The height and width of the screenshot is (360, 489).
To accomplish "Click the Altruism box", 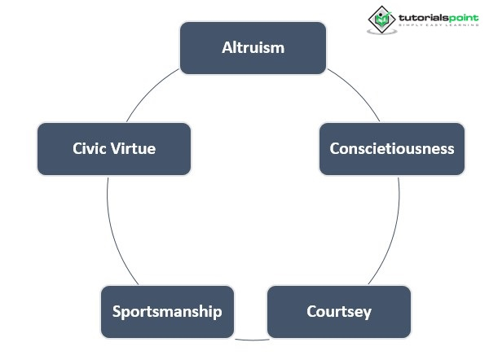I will pos(253,47).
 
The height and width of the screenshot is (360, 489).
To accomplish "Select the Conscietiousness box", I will pos(392,149).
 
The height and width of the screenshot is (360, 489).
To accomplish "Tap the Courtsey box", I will pos(338,311).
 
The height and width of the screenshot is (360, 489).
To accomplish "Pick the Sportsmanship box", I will pos(167,311).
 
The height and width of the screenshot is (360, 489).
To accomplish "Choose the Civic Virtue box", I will pos(114,149).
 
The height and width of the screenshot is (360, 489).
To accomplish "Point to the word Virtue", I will pos(134,149).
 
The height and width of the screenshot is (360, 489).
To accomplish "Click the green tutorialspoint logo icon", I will pos(381,19).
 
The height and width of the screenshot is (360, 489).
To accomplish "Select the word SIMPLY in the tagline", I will pos(409,26).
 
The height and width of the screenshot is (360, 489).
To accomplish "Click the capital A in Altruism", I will pos(227,47).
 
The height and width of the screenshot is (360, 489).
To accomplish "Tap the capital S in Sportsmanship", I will pos(117,311).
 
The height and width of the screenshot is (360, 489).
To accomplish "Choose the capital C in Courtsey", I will pos(311,311).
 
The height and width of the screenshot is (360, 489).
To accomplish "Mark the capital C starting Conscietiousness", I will pos(334,149).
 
